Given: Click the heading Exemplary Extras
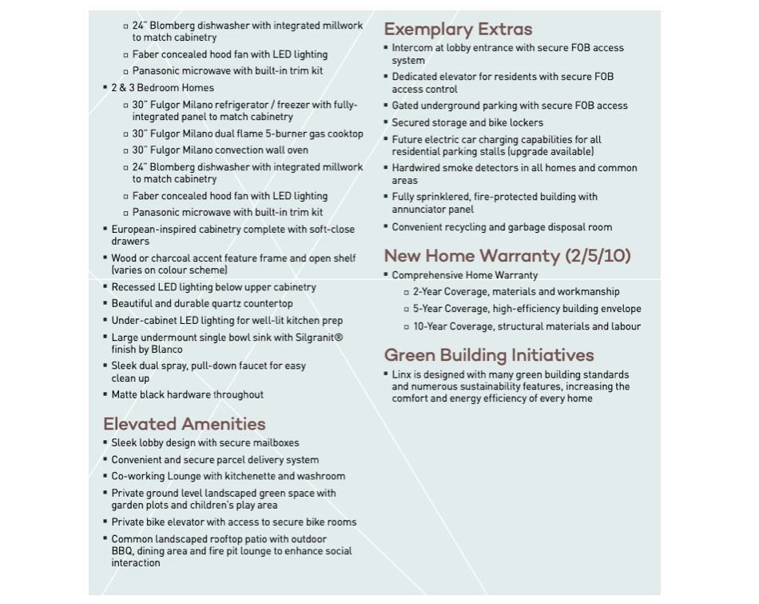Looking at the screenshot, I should [x=458, y=30].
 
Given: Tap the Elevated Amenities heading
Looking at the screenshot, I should [x=184, y=424].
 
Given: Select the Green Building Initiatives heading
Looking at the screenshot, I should [x=489, y=355].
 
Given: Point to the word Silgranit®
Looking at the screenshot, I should [x=319, y=338].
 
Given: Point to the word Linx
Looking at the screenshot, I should [x=402, y=375].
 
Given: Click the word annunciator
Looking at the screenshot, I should [x=419, y=210].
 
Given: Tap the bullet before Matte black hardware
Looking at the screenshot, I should [x=105, y=394].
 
